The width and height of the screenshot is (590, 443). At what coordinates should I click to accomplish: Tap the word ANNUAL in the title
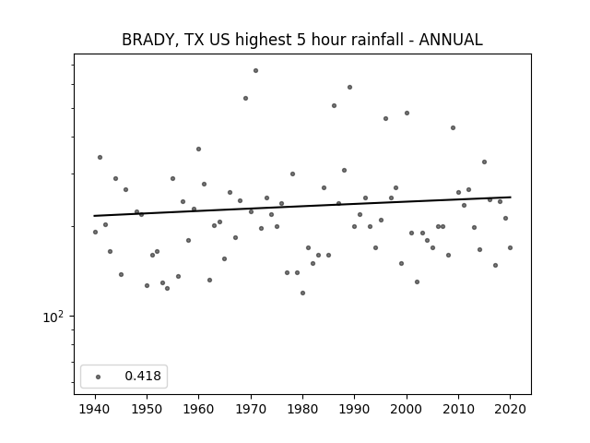pyautogui.click(x=451, y=40)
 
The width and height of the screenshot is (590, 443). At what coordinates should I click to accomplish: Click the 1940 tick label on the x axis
pyautogui.click(x=95, y=409)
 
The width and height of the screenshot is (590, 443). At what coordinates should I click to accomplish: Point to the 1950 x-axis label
pyautogui.click(x=147, y=409)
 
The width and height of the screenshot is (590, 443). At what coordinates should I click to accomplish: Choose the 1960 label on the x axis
pyautogui.click(x=199, y=409)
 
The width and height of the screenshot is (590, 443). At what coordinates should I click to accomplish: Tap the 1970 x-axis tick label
pyautogui.click(x=251, y=409)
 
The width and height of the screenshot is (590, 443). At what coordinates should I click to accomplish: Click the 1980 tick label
pyautogui.click(x=302, y=409)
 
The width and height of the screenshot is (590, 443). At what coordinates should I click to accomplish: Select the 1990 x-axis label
pyautogui.click(x=354, y=409)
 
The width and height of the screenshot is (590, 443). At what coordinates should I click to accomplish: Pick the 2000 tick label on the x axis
pyautogui.click(x=407, y=409)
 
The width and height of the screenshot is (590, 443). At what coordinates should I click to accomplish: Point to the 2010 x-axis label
pyautogui.click(x=458, y=409)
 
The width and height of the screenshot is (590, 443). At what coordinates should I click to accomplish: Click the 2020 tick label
pyautogui.click(x=510, y=409)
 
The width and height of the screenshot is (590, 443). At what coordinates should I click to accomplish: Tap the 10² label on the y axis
pyautogui.click(x=53, y=317)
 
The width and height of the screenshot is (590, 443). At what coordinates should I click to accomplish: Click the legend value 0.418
pyautogui.click(x=143, y=376)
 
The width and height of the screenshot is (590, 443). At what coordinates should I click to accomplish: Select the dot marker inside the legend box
pyautogui.click(x=99, y=377)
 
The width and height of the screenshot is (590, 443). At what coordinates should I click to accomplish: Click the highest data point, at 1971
pyautogui.click(x=256, y=70)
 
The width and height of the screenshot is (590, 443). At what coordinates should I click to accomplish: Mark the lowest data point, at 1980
pyautogui.click(x=302, y=293)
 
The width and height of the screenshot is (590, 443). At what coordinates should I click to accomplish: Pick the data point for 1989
pyautogui.click(x=349, y=87)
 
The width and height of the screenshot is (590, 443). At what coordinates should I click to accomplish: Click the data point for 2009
pyautogui.click(x=453, y=127)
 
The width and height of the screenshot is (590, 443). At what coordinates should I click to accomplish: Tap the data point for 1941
pyautogui.click(x=100, y=157)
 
